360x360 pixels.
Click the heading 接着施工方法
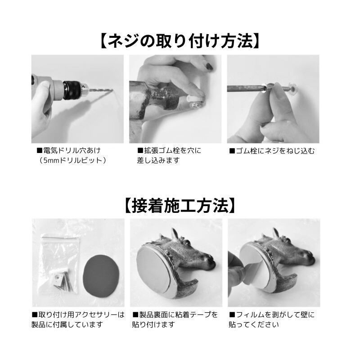coord(180,206)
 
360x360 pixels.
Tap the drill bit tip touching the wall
coord(112,90)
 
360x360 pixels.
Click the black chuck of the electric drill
coord(72,90)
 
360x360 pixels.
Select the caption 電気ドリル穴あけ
coord(69,151)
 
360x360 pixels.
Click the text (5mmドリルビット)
coord(72,160)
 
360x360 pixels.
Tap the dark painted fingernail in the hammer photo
coord(209,67)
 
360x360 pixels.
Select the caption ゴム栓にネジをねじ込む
coord(272,151)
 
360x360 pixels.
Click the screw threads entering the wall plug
coord(285,88)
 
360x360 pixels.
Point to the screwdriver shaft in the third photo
coord(245,88)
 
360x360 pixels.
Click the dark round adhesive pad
coord(101,274)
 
